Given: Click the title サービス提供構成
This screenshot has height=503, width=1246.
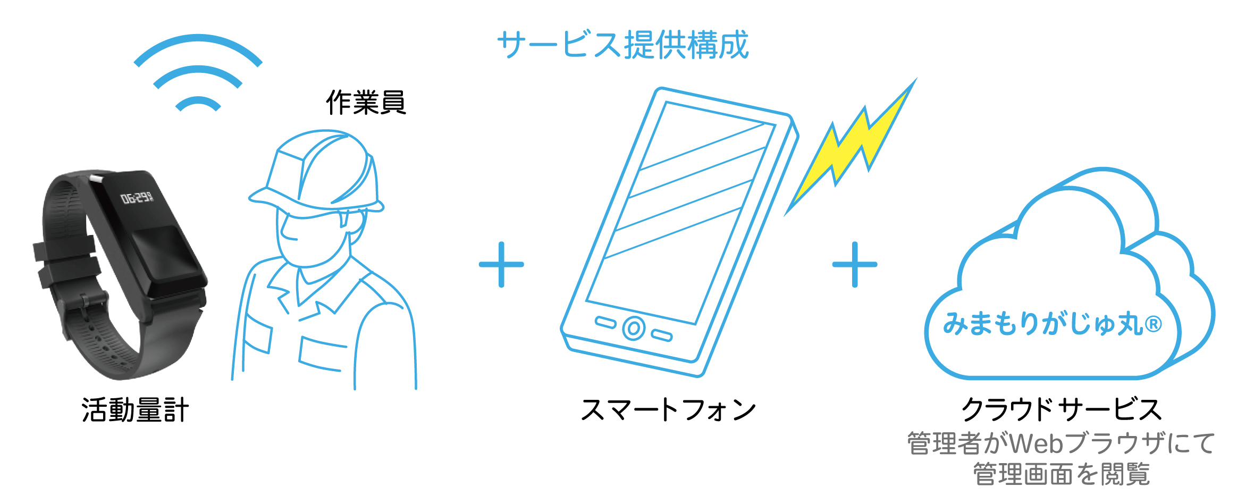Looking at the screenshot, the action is (x=623, y=45).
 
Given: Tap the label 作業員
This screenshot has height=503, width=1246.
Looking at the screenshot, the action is (x=366, y=102).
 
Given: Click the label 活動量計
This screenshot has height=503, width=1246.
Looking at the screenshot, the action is (x=135, y=410).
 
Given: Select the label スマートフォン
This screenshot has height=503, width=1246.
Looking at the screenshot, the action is (x=668, y=410).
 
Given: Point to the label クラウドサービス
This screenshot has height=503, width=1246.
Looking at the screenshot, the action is (x=1062, y=409).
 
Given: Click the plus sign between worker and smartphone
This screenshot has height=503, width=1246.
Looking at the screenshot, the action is (x=501, y=264).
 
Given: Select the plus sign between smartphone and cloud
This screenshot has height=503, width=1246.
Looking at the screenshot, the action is (x=855, y=264).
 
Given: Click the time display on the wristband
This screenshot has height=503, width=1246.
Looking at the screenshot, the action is (x=137, y=198).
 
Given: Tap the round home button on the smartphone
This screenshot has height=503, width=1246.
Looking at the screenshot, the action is (x=634, y=328).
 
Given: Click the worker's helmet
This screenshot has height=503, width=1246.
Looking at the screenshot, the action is (x=316, y=173).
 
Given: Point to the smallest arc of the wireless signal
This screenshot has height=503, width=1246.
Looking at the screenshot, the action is (x=198, y=103).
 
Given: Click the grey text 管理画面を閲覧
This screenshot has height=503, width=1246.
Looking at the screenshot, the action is (x=1062, y=474).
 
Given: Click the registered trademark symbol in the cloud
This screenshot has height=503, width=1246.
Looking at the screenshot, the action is (x=1153, y=323).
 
